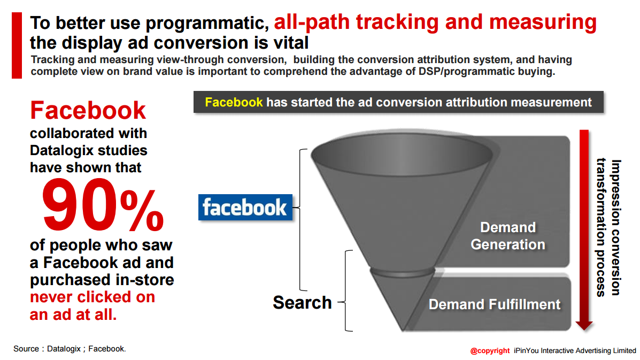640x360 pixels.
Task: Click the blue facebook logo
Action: (x=245, y=208)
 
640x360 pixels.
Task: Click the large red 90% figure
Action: (x=103, y=205)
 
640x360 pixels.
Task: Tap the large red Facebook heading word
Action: (x=88, y=110)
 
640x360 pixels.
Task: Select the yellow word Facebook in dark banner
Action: (x=234, y=102)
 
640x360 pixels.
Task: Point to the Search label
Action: (x=302, y=302)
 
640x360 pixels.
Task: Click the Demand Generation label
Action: (x=508, y=235)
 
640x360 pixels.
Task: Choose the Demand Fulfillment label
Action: (x=494, y=304)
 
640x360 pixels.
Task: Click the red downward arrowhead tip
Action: (x=584, y=330)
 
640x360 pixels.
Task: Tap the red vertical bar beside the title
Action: (x=17, y=45)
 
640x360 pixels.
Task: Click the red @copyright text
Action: (x=490, y=350)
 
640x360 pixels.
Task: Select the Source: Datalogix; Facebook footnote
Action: (x=70, y=349)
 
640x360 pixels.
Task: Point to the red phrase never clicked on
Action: (x=92, y=297)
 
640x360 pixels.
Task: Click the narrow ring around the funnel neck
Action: (x=402, y=272)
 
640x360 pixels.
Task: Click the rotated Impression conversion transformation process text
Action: (x=608, y=227)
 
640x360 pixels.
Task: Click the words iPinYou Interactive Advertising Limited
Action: (x=575, y=350)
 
